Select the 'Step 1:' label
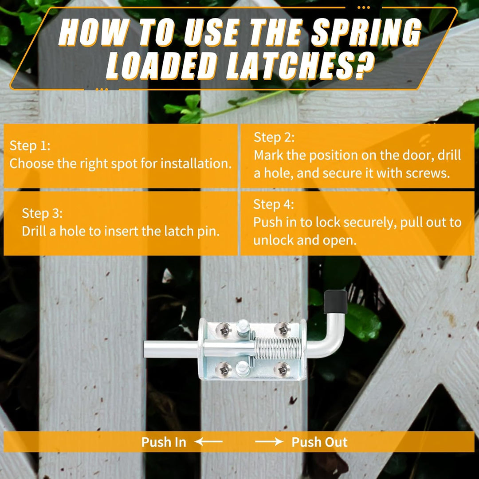coord(30,145)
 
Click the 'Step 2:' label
coord(274,137)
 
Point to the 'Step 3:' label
coord(42,213)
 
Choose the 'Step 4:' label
coord(274,204)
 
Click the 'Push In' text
coord(164,442)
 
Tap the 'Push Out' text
coord(319,442)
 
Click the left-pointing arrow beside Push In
coord(208,442)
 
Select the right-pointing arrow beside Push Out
coord(269,442)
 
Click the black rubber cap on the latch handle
coord(335,302)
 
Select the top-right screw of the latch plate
coord(281,329)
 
